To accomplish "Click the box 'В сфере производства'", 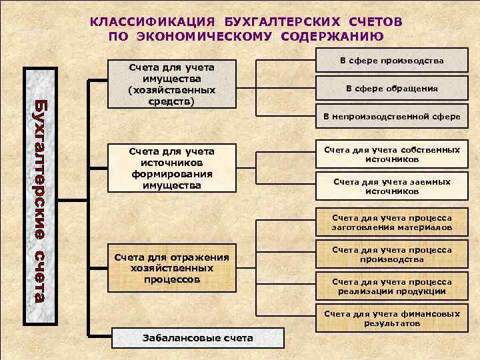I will (x=391, y=61).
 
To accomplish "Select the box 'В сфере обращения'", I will (x=391, y=89).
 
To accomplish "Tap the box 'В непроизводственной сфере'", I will (x=391, y=116).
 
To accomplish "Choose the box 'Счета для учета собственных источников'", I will (x=391, y=155).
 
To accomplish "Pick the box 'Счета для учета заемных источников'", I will (x=391, y=186).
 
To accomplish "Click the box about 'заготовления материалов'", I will (x=391, y=223).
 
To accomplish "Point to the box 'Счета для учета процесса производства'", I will (x=391, y=255).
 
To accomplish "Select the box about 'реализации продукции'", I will (x=391, y=287).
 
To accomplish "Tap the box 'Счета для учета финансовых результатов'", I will (x=391, y=318).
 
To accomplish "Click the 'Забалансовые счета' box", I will (x=198, y=337).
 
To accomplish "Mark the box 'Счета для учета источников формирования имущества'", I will (x=172, y=169).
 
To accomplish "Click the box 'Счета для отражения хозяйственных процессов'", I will (x=172, y=269).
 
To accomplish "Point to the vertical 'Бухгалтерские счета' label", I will (x=39, y=199).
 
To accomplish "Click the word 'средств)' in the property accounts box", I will (x=173, y=101).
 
